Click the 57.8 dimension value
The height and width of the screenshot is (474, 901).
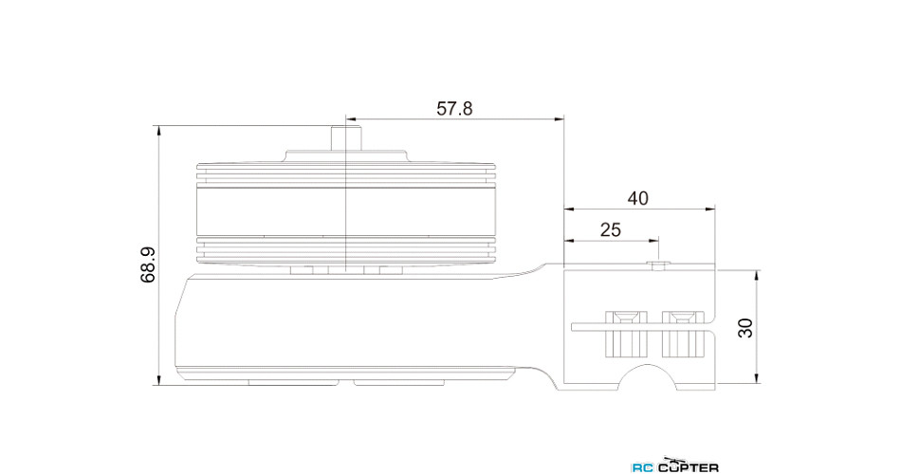pos(454,108)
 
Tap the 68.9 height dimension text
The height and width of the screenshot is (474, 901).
pos(149,265)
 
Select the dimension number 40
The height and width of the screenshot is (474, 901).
pos(638,198)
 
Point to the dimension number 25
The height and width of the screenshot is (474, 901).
pos(611,229)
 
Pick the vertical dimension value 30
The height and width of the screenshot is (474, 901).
pos(745,327)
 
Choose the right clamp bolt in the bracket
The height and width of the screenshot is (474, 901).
pos(679,334)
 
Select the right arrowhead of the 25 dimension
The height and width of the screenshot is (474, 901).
pos(653,241)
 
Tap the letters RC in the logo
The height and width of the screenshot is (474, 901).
pos(643,466)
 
